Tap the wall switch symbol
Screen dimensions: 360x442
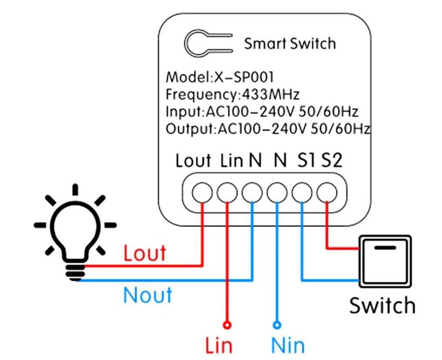[385, 262]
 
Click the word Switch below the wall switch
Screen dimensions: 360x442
[382, 305]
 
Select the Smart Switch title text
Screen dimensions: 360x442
[290, 43]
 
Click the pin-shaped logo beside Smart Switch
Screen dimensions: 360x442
[207, 43]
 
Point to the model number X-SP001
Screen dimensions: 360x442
[243, 78]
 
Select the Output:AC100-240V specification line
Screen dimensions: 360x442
[268, 128]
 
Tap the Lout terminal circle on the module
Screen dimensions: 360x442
[201, 193]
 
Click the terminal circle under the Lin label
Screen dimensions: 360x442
[226, 193]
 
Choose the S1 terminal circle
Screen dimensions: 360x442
[302, 193]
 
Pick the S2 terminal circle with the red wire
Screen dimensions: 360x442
[326, 193]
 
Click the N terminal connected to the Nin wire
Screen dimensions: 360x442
[277, 193]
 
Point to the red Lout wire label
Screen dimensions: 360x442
[145, 253]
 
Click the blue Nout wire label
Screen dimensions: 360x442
[147, 296]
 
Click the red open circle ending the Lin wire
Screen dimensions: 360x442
[226, 324]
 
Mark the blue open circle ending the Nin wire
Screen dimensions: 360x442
[277, 324]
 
